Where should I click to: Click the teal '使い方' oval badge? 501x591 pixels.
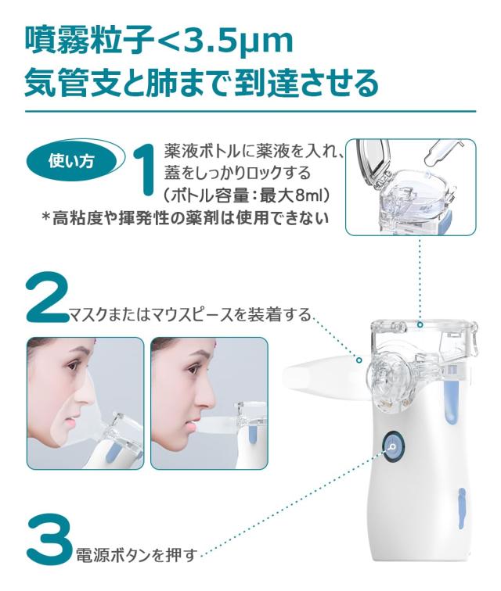click(x=71, y=162)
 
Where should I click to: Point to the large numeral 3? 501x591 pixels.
click(x=49, y=539)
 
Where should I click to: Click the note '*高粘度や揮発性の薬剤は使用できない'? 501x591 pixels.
click(x=193, y=219)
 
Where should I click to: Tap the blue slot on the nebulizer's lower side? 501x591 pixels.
click(x=460, y=506)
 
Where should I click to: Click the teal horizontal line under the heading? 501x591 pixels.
click(x=250, y=111)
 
